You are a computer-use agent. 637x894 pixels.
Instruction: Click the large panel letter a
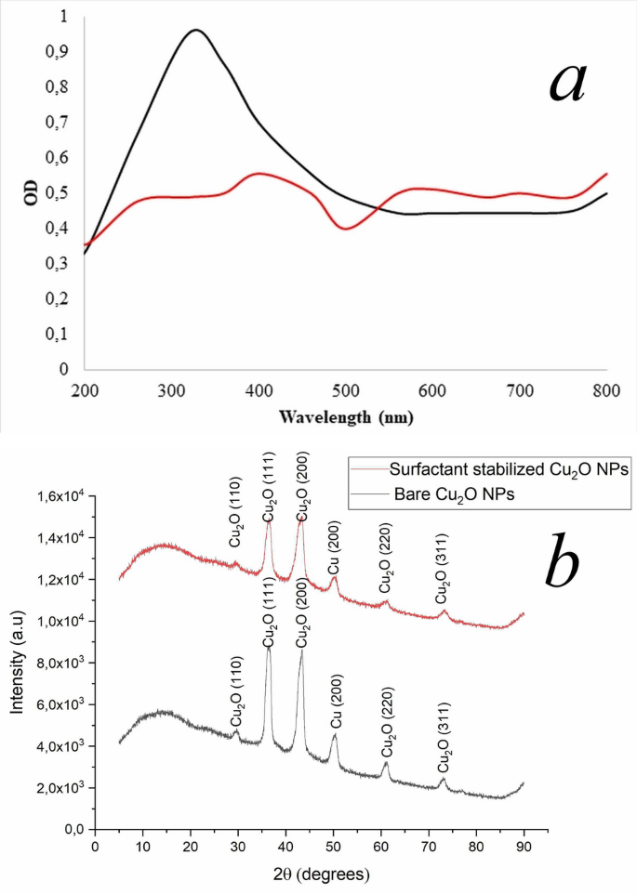[567, 82]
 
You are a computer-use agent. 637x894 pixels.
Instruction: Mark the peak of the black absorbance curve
[196, 30]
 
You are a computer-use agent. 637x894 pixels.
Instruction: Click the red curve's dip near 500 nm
[346, 228]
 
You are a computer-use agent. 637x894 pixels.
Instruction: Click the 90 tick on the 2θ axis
[524, 848]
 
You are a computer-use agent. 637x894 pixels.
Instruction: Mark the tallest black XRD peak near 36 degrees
[269, 648]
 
